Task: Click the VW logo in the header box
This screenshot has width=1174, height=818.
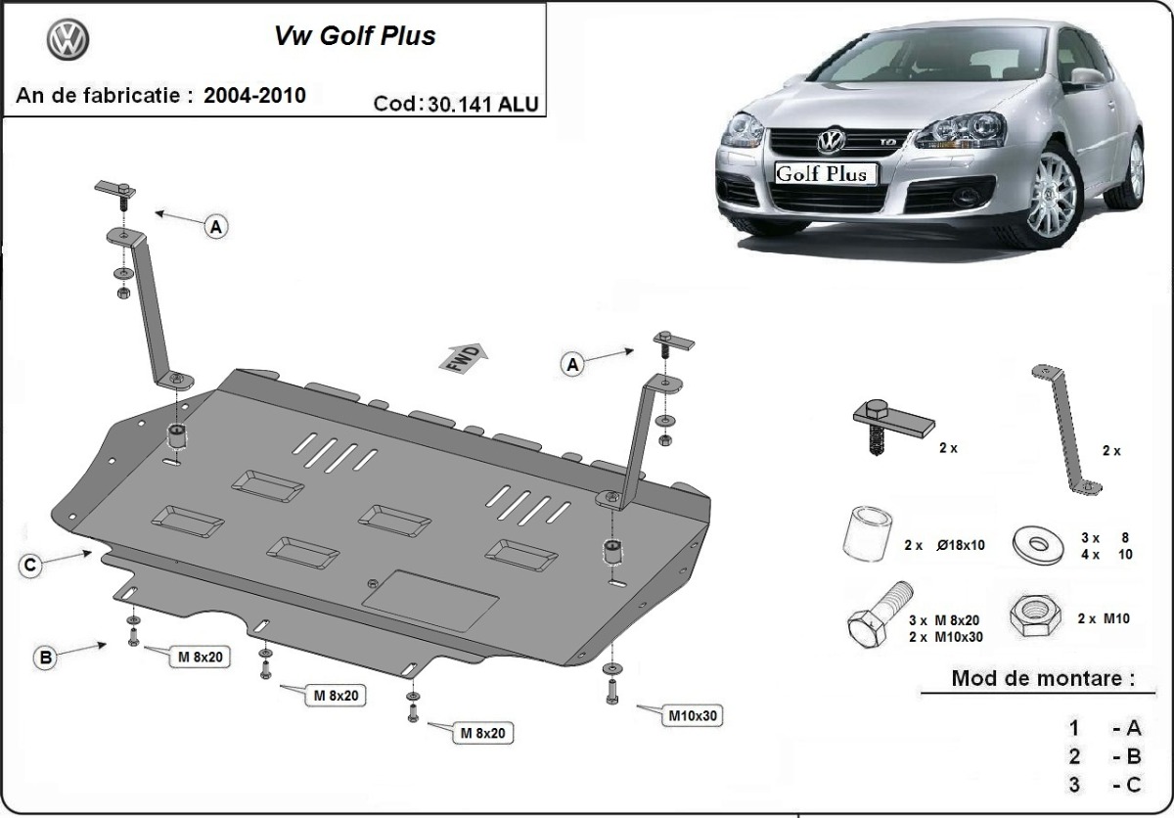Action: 68,40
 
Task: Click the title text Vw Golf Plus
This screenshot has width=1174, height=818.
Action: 353,37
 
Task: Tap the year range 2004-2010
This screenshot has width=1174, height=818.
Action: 254,95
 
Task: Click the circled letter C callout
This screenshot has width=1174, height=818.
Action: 31,565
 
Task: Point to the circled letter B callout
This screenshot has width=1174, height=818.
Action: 45,659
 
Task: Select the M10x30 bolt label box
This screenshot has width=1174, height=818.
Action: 693,715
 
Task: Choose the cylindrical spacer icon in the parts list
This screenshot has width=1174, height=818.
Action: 866,537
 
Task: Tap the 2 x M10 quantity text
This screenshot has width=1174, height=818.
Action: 1103,619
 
